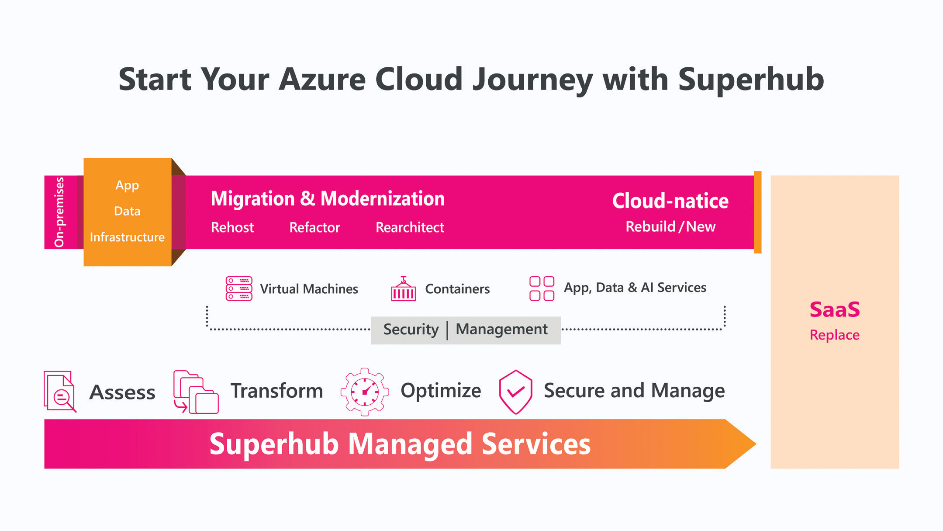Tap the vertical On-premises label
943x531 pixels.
point(59,212)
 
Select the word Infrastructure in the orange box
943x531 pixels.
point(127,237)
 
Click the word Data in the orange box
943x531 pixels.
point(127,211)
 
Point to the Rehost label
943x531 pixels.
point(232,227)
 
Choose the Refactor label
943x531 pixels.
point(314,227)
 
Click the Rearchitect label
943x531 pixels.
point(410,227)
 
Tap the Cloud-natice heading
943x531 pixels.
point(670,201)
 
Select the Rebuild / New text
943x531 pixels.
point(670,226)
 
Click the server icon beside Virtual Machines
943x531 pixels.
point(239,288)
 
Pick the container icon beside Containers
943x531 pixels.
point(403,288)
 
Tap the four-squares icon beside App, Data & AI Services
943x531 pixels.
point(542,288)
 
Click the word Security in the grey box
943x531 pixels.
point(411,329)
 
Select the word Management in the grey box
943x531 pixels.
point(501,329)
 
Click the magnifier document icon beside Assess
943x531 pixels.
point(60,392)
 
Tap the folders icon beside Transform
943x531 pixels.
point(196,392)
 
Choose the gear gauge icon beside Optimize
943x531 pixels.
point(365,392)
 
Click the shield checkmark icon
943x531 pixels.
point(515,392)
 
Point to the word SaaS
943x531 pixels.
point(835,309)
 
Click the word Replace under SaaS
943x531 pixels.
point(835,335)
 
